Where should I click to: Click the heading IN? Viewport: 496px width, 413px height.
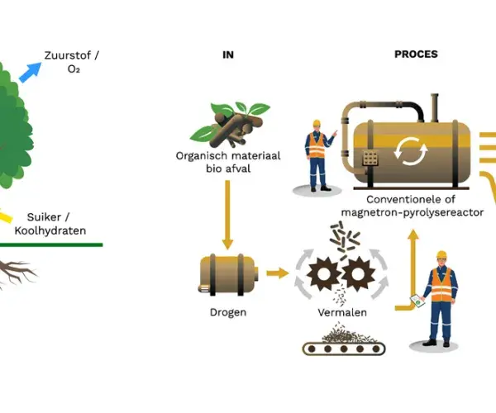tap(228, 55)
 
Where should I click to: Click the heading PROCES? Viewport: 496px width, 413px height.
tap(416, 55)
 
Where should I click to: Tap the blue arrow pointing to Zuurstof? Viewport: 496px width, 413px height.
tap(31, 71)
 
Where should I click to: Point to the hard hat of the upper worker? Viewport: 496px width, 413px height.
tap(315, 124)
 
